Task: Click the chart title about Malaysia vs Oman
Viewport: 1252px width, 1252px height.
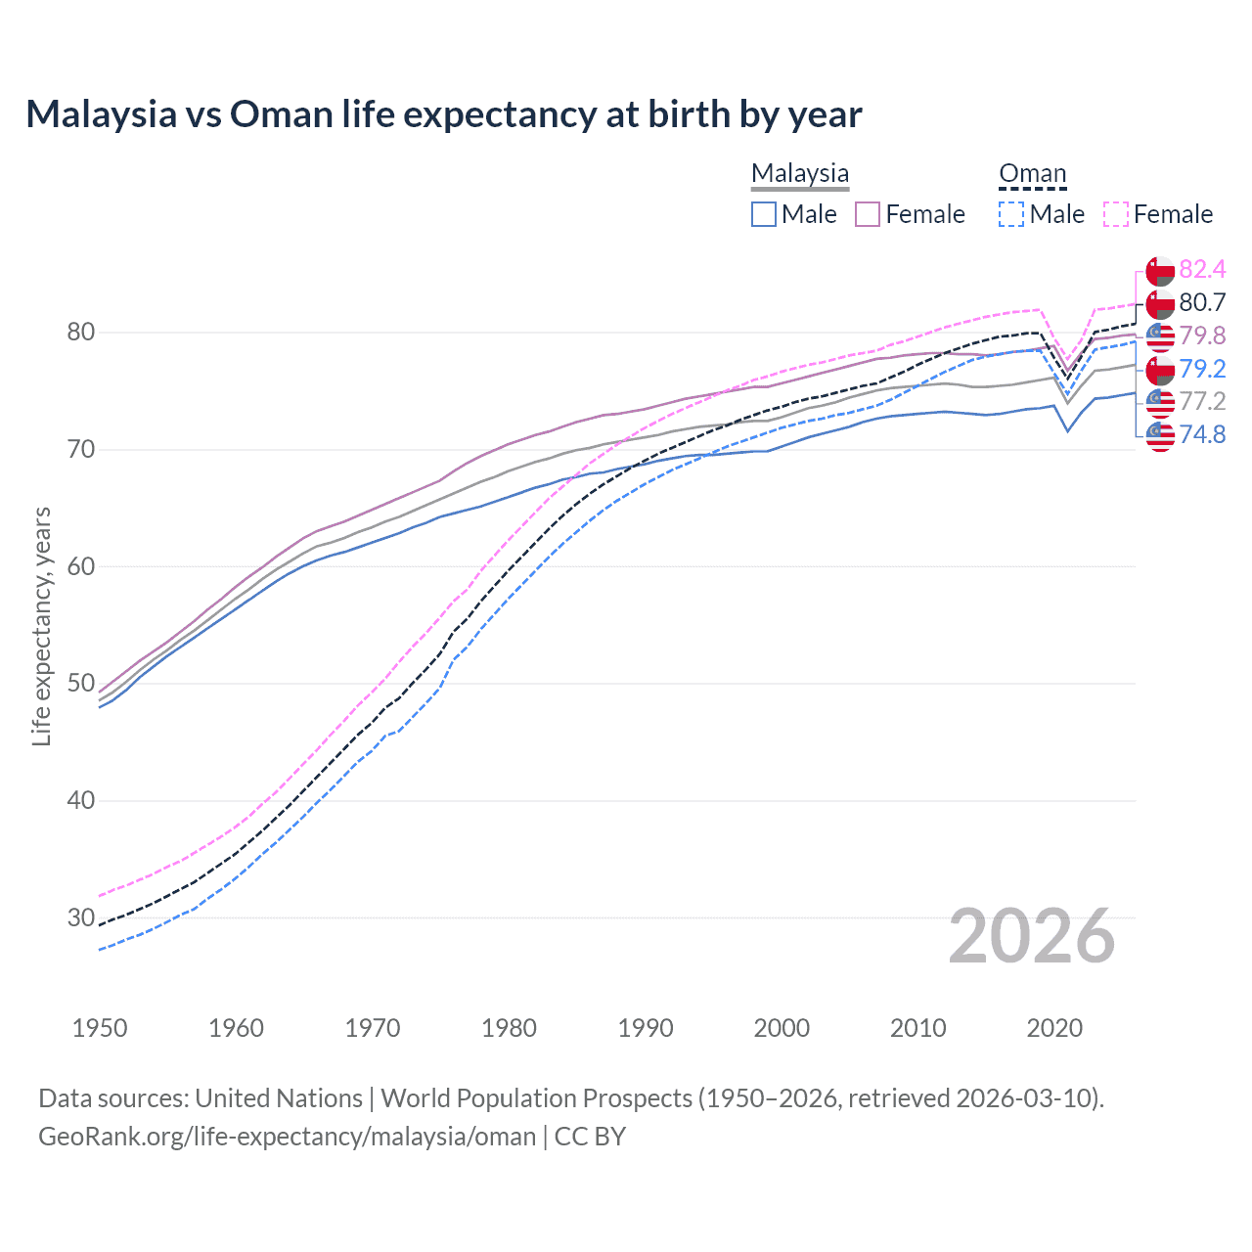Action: tap(443, 114)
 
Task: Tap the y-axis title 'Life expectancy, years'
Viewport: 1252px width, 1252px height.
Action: tap(41, 626)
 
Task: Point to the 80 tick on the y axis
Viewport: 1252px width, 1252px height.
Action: tap(81, 333)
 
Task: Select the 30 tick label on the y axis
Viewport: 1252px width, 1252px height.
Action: tap(81, 917)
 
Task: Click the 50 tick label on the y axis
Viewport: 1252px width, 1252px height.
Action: tap(81, 684)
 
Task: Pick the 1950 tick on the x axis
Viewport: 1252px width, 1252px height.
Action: tap(100, 1028)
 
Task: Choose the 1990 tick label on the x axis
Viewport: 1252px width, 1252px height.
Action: tap(646, 1028)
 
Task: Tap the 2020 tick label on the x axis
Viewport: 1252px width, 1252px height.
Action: tap(1054, 1028)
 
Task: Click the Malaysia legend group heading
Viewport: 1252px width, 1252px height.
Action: tap(800, 173)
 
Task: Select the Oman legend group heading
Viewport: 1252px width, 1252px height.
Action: tap(1032, 173)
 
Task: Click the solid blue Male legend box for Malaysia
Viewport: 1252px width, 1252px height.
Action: tap(764, 214)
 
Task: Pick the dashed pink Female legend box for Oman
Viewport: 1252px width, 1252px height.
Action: tap(1116, 214)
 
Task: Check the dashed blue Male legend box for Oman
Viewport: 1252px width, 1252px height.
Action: tap(1011, 214)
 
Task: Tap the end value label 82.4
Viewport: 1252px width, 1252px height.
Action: tap(1202, 269)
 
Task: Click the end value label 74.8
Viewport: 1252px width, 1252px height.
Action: tap(1202, 434)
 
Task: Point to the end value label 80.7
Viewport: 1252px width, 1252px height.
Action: tap(1202, 302)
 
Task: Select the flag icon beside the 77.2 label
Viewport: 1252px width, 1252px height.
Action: tap(1160, 402)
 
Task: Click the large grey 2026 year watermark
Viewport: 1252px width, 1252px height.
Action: tap(1032, 936)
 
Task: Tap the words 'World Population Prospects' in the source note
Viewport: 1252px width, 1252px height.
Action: tap(536, 1097)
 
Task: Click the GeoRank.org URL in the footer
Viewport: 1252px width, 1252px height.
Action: tap(287, 1136)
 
